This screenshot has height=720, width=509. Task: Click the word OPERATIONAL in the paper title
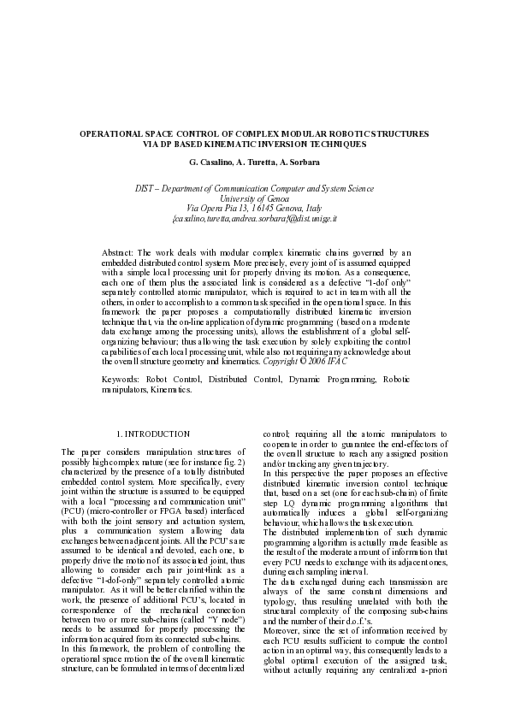click(109, 135)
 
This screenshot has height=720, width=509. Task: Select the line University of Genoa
click(254, 198)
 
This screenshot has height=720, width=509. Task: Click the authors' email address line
click(254, 217)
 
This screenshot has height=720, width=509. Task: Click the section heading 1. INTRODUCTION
click(153, 434)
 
